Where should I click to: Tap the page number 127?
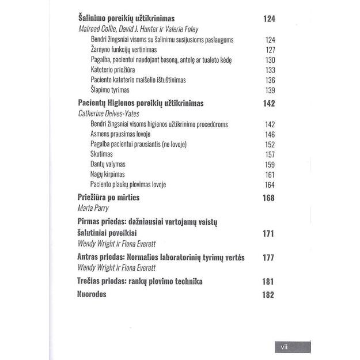coord(270,50)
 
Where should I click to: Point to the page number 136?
coord(270,79)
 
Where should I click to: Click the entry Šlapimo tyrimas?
coord(110,90)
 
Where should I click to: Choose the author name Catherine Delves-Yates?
coord(108,113)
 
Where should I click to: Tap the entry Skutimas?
coord(101,154)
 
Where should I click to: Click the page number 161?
coord(270,174)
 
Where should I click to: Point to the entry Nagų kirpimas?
coord(108,174)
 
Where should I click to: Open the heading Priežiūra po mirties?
coord(109,198)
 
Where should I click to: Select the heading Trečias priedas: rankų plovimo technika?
coord(139,282)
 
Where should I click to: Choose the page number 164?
coord(270,184)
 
